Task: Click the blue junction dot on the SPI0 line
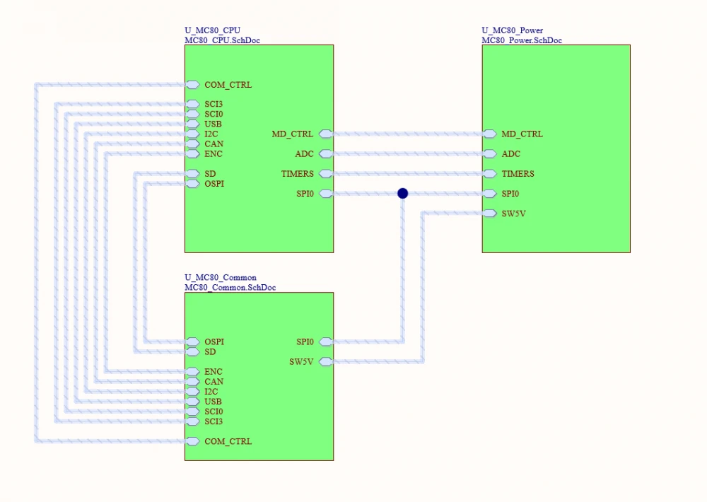(402, 193)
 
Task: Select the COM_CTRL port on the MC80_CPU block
(193, 85)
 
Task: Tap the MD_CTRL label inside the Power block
(522, 134)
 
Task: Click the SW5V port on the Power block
(490, 214)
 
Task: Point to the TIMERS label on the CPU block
(298, 174)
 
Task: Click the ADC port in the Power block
(490, 153)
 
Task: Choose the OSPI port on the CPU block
(193, 184)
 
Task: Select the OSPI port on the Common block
(193, 342)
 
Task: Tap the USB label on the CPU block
(214, 124)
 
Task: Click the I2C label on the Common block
(211, 392)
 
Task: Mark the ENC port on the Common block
(193, 372)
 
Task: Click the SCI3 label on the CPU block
(214, 105)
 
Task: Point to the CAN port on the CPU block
(193, 144)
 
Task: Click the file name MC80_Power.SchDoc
(522, 40)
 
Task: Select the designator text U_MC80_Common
(221, 278)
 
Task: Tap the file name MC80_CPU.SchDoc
(222, 40)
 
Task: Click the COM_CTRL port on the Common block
(193, 441)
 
